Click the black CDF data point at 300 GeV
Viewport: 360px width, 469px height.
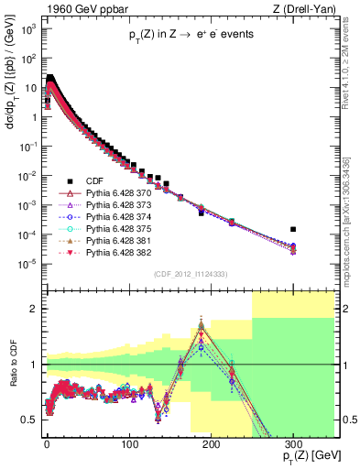(292, 229)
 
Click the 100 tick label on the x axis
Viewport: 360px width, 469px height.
(128, 442)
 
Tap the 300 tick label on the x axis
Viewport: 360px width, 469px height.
(292, 442)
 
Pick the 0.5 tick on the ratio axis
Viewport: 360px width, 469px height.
(31, 420)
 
